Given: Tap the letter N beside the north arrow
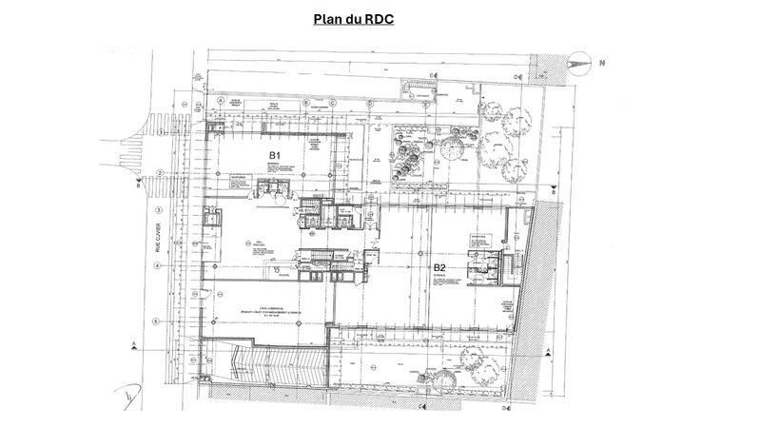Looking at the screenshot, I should (x=602, y=64).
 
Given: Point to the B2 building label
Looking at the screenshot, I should (x=440, y=268).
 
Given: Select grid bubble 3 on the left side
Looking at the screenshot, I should (x=161, y=209).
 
